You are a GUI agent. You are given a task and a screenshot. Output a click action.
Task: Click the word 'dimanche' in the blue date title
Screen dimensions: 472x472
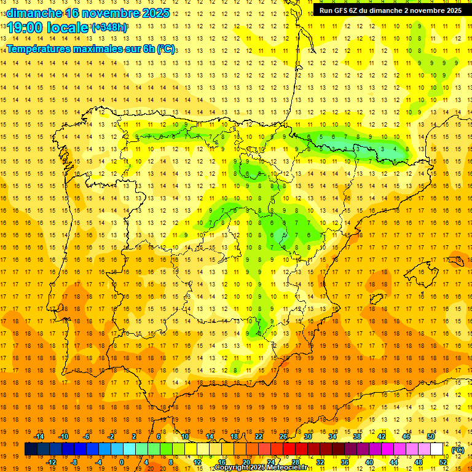tap(33, 12)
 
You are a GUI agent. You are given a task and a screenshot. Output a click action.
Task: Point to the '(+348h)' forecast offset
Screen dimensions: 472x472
tap(109, 28)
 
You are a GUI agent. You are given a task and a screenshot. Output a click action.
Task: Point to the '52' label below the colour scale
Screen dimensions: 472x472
tap(443, 462)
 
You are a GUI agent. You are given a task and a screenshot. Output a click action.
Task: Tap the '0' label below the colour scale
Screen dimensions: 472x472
tap(121, 462)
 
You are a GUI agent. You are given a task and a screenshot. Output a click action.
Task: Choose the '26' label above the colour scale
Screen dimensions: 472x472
tap(283, 436)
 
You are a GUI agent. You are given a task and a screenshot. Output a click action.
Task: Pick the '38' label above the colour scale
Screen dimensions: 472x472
tap(356, 436)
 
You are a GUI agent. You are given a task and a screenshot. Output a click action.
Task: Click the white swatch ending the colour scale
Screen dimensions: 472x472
tap(437, 449)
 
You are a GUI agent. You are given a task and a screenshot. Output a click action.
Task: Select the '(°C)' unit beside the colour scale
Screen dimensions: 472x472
tap(457, 450)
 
